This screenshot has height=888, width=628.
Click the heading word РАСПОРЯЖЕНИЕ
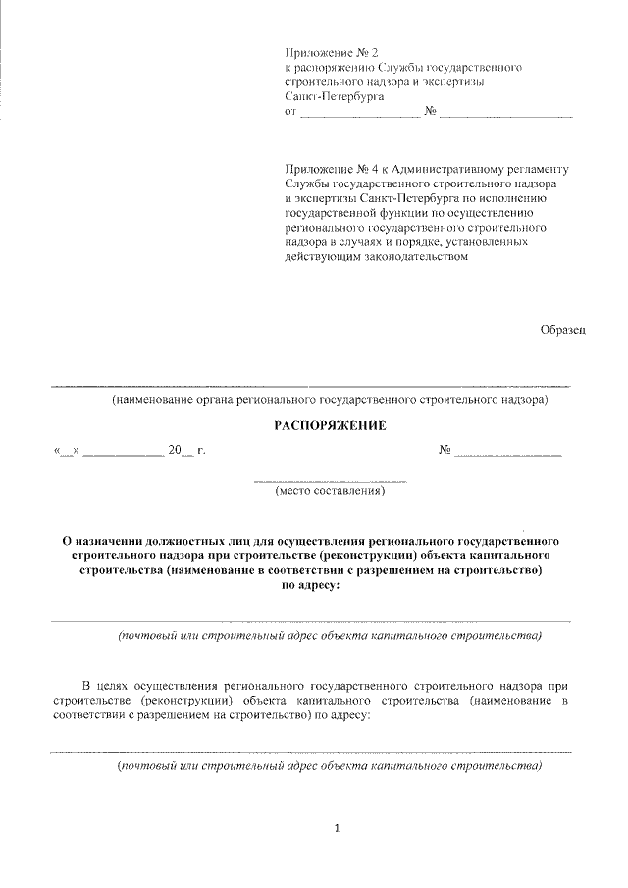tap(329, 425)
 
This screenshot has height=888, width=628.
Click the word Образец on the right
tap(562, 330)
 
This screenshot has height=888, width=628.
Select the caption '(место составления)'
tap(330, 491)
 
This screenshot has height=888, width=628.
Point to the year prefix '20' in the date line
tap(175, 451)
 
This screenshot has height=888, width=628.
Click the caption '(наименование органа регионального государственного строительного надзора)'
tap(329, 400)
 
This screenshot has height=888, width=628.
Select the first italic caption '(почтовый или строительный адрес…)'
tap(329, 636)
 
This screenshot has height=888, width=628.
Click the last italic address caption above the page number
tap(329, 765)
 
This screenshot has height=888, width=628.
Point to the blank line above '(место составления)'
tap(330, 479)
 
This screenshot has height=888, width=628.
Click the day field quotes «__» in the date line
tap(70, 452)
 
